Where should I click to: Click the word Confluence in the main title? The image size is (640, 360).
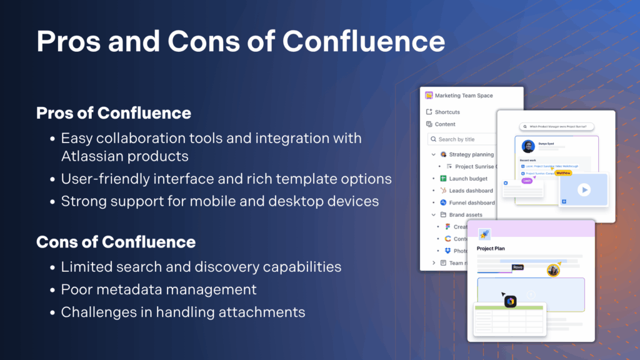tap(364, 41)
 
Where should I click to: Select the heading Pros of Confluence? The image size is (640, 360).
tap(113, 113)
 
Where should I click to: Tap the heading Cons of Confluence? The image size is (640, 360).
tap(116, 242)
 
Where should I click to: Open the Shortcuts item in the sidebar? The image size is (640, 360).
tap(447, 112)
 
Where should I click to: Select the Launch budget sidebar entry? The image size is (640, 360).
tap(471, 179)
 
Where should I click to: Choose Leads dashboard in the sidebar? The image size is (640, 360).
tap(471, 191)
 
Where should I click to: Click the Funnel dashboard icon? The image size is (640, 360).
tap(443, 202)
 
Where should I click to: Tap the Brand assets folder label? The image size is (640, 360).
tap(466, 215)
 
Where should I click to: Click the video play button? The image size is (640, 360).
tap(583, 189)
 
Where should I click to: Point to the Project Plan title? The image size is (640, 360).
tap(491, 248)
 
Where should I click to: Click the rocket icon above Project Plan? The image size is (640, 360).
tap(483, 233)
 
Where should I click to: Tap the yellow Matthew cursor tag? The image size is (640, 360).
tap(563, 172)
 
